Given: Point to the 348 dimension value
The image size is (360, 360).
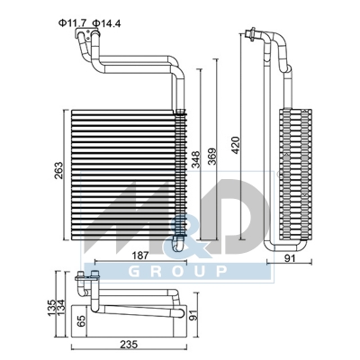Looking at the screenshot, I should pyautogui.click(x=194, y=160).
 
